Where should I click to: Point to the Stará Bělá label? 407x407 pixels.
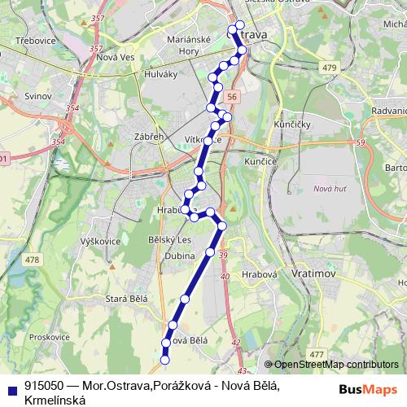(x=125, y=300)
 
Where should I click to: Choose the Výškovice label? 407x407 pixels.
(x=101, y=242)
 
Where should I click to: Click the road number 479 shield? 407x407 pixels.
(x=329, y=67)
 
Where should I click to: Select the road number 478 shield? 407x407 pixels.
(x=32, y=260)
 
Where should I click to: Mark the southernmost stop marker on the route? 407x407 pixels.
(x=164, y=359)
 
